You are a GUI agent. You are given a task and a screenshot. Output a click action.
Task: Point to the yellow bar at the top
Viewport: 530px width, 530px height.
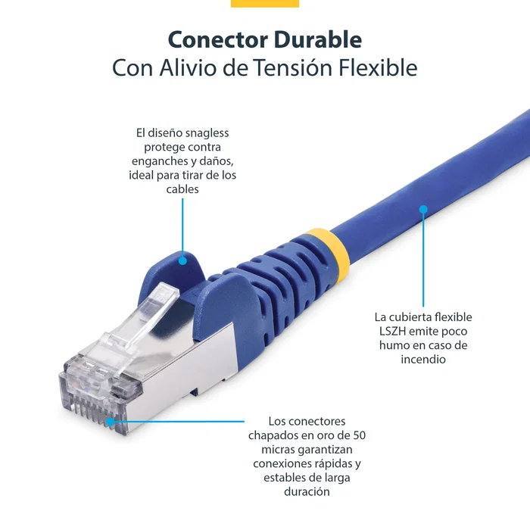coord(264,3)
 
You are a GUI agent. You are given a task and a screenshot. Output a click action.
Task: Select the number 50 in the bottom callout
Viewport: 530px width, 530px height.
coord(358,435)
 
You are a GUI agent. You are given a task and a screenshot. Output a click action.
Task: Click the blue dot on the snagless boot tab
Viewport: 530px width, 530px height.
coord(182,260)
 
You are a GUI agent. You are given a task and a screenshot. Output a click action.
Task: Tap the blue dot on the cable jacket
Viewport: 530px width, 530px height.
coord(423,207)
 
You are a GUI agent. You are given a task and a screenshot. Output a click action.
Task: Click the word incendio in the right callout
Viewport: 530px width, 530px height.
coord(423,359)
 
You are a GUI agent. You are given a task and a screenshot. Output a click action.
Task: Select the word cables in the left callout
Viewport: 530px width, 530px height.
coord(182,189)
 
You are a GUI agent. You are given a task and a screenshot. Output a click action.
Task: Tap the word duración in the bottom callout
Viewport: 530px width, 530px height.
coord(307,491)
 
